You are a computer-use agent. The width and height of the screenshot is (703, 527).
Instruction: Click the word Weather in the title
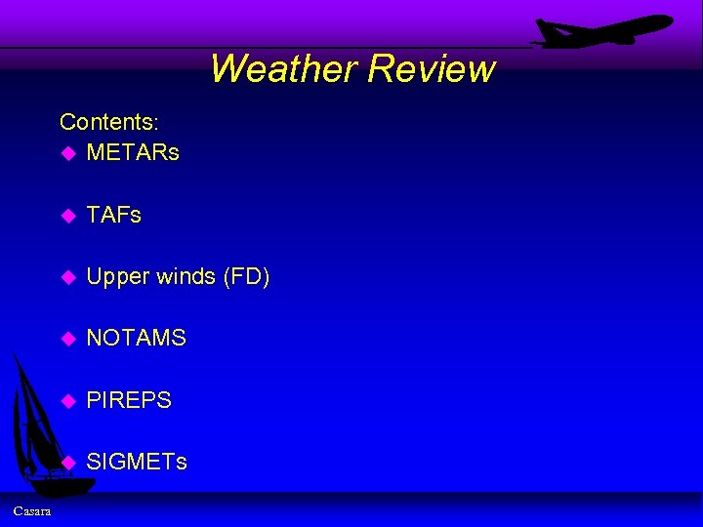283,68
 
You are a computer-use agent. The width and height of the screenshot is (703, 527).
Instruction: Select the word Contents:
109,122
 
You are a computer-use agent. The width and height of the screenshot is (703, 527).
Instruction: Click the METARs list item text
133,153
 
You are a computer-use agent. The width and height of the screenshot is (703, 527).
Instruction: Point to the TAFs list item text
113,215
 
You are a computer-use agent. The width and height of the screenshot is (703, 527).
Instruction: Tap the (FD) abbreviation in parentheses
247,277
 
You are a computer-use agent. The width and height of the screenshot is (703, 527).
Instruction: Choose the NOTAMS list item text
136,339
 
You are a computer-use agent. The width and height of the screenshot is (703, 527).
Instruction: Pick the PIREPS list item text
129,400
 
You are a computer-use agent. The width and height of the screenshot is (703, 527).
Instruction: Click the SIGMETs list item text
137,462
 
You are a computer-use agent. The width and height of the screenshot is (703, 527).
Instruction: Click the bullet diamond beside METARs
67,153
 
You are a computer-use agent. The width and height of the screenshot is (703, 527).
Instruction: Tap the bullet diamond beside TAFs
67,216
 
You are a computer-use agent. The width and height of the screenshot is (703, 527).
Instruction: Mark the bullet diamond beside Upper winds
67,277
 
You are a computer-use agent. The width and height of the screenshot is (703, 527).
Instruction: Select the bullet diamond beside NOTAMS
67,339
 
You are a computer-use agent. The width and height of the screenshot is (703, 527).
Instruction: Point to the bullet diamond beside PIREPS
67,400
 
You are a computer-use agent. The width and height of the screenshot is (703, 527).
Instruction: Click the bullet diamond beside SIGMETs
67,462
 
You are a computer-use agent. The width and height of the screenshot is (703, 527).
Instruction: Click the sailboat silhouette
39,429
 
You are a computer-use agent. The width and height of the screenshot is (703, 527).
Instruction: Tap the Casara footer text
32,511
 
